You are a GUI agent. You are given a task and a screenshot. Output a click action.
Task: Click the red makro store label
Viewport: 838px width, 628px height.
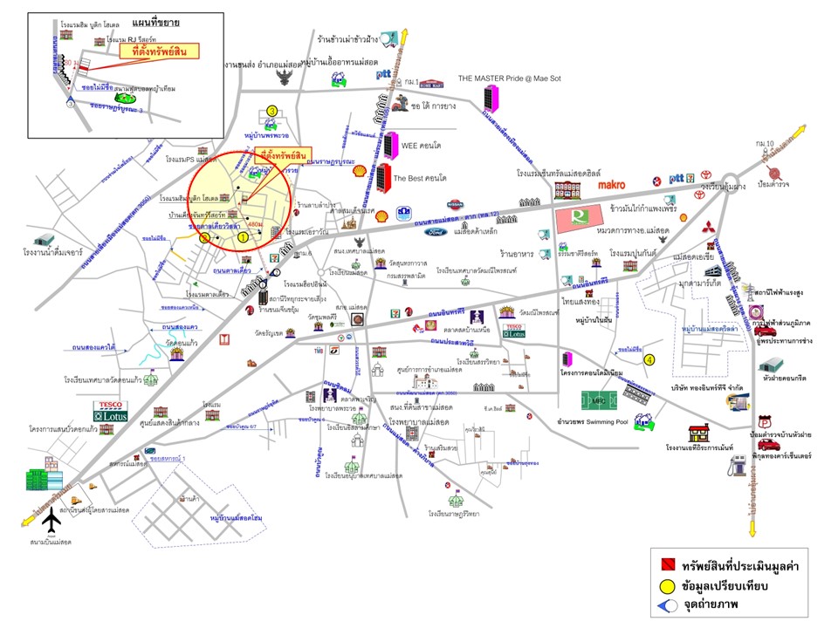click(x=615, y=185)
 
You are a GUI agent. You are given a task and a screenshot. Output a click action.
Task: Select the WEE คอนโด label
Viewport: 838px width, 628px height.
click(x=424, y=145)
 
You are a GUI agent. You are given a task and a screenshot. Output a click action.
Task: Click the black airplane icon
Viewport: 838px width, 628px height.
click(x=52, y=522)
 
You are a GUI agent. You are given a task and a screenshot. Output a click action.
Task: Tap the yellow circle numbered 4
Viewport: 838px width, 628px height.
click(x=649, y=358)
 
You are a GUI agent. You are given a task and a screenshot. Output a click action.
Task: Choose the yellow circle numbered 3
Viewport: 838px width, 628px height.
click(x=271, y=111)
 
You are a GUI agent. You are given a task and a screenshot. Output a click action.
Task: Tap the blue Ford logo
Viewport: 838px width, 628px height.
click(x=436, y=232)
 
